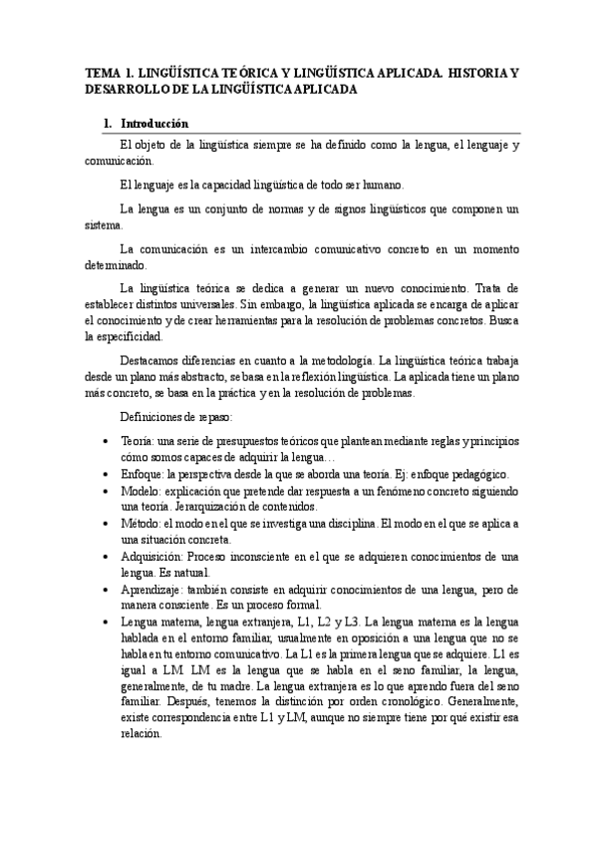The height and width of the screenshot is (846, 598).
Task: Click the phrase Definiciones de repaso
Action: (175, 416)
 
